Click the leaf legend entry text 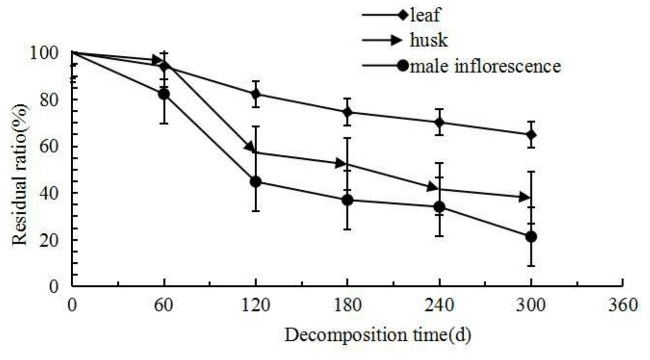[425, 15]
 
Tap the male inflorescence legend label [485, 65]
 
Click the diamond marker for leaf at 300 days [531, 135]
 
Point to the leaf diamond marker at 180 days [347, 113]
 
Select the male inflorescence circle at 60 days [164, 94]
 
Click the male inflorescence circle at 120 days [256, 182]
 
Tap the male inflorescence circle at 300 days [531, 237]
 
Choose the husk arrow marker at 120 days [250, 147]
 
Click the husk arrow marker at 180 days [342, 164]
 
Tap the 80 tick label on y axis [54, 100]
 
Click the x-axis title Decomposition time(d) [377, 334]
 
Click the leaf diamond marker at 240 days [439, 122]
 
